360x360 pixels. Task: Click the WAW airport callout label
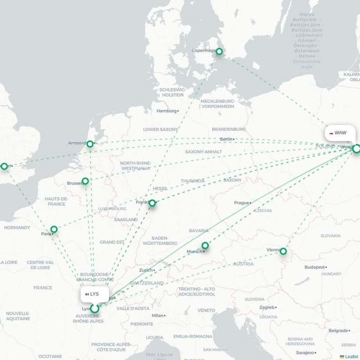tap(338, 133)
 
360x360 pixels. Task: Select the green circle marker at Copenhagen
tap(219, 52)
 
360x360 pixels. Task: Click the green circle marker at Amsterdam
tap(90, 144)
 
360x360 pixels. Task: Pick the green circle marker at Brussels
tap(85, 181)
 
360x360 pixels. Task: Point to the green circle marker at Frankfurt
tap(152, 203)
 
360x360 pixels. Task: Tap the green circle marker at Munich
tap(205, 245)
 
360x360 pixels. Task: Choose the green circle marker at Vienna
tap(283, 251)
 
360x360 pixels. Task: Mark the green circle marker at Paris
tap(54, 229)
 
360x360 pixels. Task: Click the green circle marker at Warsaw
tap(356, 148)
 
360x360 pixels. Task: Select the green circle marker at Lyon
tap(94, 309)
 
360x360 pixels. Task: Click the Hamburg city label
tap(166, 111)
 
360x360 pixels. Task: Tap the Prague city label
tap(242, 203)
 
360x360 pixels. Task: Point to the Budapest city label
tap(314, 267)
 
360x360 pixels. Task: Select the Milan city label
tap(157, 315)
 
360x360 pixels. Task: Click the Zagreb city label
tap(266, 307)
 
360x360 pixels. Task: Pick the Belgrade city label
tap(338, 330)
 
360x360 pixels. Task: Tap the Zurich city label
tap(146, 270)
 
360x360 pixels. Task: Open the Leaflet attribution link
tap(351, 356)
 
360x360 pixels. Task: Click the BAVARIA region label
tap(198, 230)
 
